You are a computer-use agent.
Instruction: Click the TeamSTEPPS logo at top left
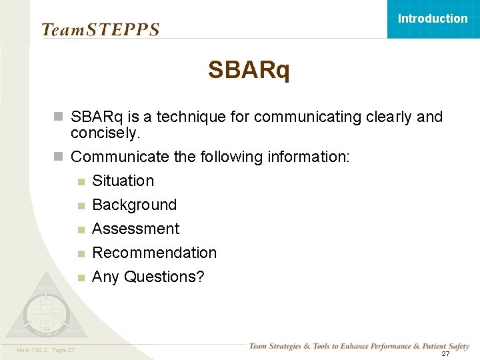pyautogui.click(x=101, y=30)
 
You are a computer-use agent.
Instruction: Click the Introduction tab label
pyautogui.click(x=433, y=19)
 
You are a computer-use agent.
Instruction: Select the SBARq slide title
pyautogui.click(x=249, y=69)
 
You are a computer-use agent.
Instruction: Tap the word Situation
pyautogui.click(x=123, y=181)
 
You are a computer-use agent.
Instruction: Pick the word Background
pyautogui.click(x=134, y=205)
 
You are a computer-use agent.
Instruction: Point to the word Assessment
pyautogui.click(x=135, y=229)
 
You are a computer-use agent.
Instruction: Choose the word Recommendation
pyautogui.click(x=154, y=253)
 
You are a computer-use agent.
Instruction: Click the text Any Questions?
pyautogui.click(x=148, y=277)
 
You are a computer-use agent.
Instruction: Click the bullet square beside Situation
pyautogui.click(x=81, y=181)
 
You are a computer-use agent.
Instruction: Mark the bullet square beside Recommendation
pyautogui.click(x=81, y=253)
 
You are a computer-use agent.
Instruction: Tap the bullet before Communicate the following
pyautogui.click(x=58, y=157)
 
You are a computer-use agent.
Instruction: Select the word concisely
pyautogui.click(x=105, y=133)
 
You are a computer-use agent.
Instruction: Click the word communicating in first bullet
pyautogui.click(x=307, y=117)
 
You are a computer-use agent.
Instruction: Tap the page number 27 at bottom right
pyautogui.click(x=445, y=353)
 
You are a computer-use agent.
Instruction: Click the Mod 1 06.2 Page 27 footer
pyautogui.click(x=46, y=350)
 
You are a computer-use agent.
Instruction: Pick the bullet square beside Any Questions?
pyautogui.click(x=81, y=277)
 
